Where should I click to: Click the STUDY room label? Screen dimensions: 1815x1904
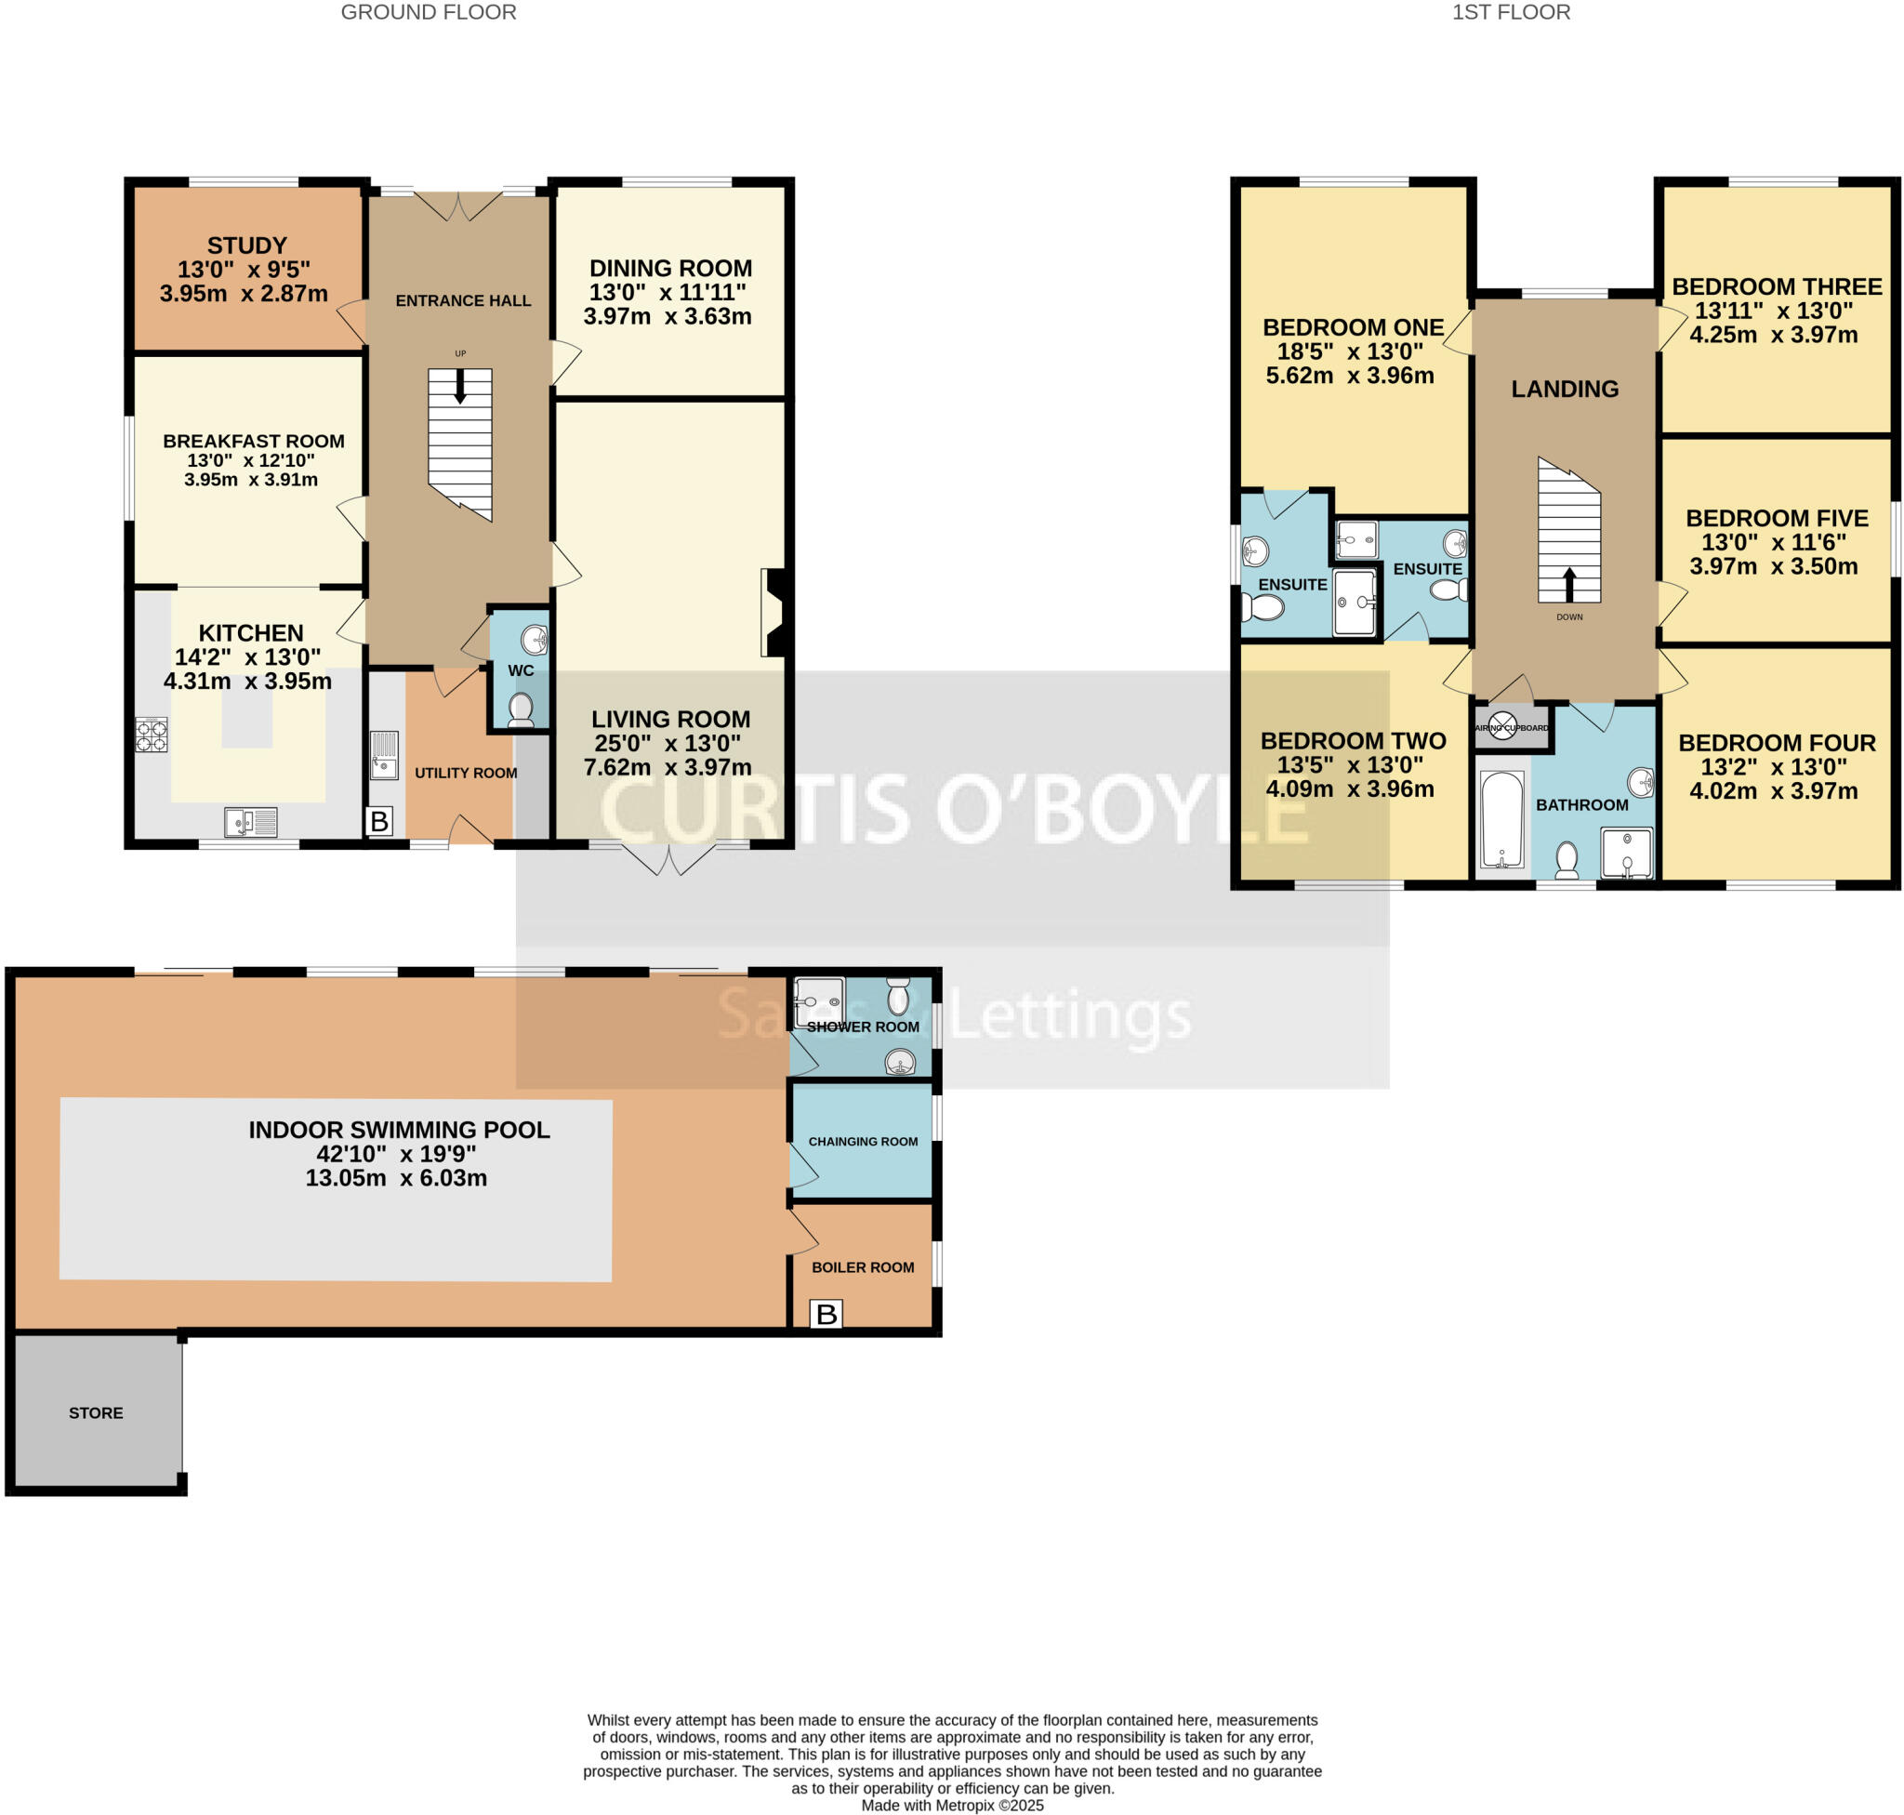tap(246, 245)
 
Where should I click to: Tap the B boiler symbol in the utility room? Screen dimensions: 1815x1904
tap(379, 821)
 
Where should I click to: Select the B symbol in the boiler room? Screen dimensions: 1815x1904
tap(826, 1314)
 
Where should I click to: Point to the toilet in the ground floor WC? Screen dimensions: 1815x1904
tap(521, 709)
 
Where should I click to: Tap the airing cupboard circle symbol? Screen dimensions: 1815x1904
tap(1501, 725)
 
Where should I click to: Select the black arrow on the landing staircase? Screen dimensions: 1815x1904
tap(1569, 584)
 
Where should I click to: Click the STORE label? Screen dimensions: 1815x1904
tap(96, 1412)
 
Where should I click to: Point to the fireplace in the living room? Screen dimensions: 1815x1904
tap(775, 613)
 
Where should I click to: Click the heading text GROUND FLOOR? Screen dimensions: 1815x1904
tap(429, 13)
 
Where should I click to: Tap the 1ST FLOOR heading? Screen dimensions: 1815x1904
tap(1511, 13)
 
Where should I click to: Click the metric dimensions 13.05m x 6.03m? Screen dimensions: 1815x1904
tap(396, 1177)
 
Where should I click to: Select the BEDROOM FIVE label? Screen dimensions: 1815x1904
tap(1777, 519)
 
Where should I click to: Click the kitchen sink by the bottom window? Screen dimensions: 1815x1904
tap(251, 822)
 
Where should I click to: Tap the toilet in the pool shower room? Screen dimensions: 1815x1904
tap(898, 994)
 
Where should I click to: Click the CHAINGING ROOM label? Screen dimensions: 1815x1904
tap(863, 1142)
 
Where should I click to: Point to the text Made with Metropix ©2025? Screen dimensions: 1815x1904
tap(952, 1806)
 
